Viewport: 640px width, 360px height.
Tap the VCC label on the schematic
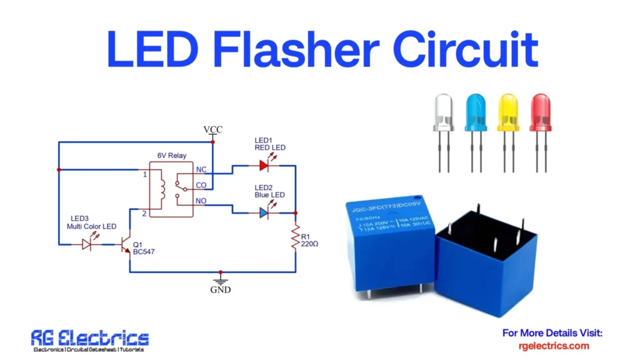coord(212,129)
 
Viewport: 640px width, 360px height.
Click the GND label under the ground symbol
coord(220,289)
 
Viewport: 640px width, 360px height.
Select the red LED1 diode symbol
coord(263,166)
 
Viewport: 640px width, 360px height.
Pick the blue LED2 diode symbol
coord(263,213)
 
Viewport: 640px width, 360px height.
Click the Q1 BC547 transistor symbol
coord(127,244)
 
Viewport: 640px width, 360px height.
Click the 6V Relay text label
coord(171,155)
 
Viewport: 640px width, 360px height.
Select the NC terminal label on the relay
coord(201,169)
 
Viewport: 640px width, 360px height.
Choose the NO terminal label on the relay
coord(201,201)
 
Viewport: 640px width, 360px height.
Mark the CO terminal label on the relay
coord(201,185)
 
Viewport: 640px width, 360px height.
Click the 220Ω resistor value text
coord(310,243)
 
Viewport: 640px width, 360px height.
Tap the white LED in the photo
coord(443,112)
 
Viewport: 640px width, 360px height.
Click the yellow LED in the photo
coord(507,112)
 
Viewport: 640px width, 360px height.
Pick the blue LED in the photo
coord(476,112)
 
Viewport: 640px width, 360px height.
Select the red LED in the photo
coord(541,112)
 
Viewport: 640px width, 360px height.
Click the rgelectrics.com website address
coord(554,346)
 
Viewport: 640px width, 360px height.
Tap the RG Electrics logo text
coord(90,339)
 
